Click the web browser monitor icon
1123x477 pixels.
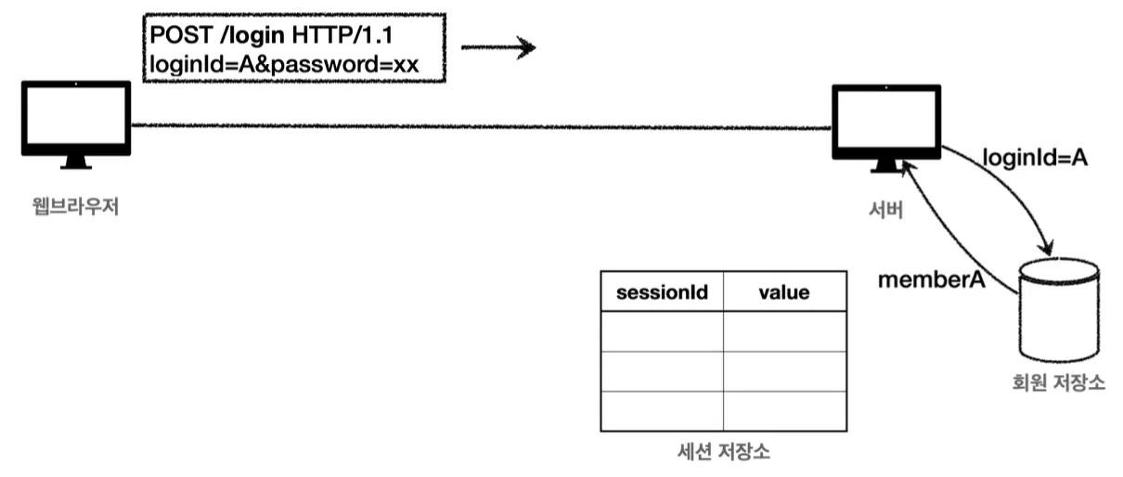coord(75,118)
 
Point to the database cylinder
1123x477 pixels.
coord(1058,311)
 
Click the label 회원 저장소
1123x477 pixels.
coord(1059,382)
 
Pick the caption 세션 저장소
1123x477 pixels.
coord(724,453)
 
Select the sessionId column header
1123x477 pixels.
coord(662,292)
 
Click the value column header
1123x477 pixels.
coord(784,292)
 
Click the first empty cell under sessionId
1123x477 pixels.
coord(662,332)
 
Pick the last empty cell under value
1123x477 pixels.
coord(784,411)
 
